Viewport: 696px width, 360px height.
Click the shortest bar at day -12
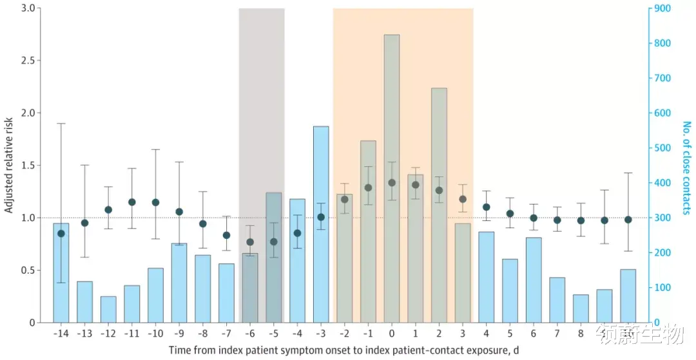pyautogui.click(x=108, y=309)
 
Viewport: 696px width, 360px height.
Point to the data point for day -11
pyautogui.click(x=132, y=202)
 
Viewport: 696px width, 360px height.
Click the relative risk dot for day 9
pyautogui.click(x=604, y=220)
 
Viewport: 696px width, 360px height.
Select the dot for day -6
pyautogui.click(x=250, y=242)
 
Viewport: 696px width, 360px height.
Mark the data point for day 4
pyautogui.click(x=487, y=207)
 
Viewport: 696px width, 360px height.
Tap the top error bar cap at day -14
pyautogui.click(x=61, y=123)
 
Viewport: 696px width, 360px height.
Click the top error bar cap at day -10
pyautogui.click(x=155, y=149)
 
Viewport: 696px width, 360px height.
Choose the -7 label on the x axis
pyautogui.click(x=226, y=334)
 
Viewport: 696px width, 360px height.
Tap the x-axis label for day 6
pyautogui.click(x=534, y=334)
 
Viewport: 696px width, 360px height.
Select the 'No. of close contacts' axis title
pyautogui.click(x=686, y=168)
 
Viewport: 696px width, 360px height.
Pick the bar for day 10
pyautogui.click(x=628, y=296)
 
